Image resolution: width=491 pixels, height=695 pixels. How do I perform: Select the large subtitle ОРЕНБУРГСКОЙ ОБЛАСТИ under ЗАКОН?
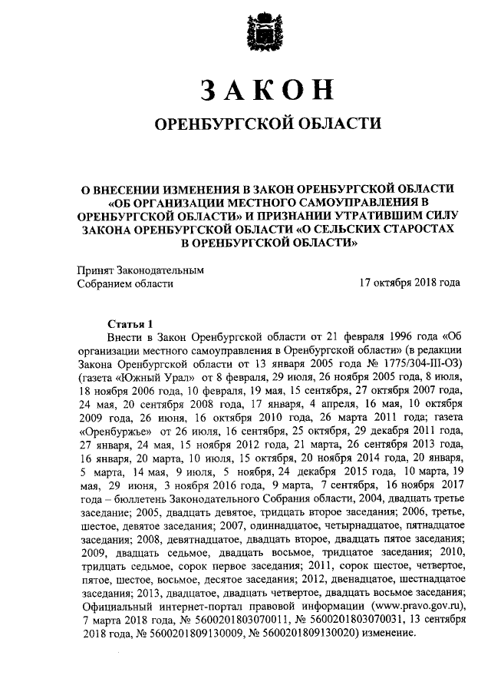[268, 124]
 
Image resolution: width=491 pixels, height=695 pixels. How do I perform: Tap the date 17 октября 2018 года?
[410, 283]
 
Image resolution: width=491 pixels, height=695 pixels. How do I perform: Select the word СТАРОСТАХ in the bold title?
[420, 229]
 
